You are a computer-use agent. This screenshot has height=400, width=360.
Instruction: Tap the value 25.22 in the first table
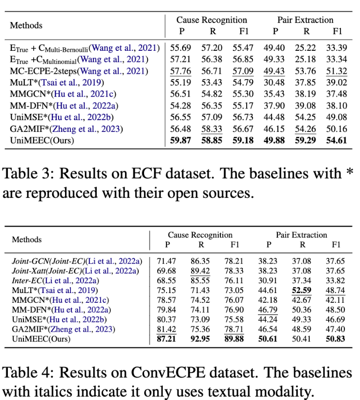[306, 48]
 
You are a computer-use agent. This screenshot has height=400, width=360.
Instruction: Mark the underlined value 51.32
[337, 72]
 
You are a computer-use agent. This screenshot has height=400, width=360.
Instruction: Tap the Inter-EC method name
[29, 280]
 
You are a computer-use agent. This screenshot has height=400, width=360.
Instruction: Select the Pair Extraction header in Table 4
[301, 235]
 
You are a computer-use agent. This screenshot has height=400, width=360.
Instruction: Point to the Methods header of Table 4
[27, 240]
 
